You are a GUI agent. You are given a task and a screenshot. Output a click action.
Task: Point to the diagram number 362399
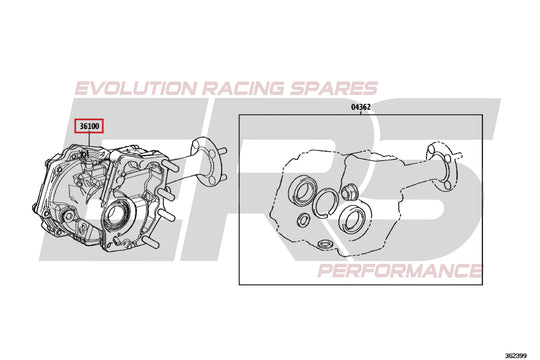pos(517,353)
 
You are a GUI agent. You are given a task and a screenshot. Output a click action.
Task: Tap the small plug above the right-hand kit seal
pos(350,190)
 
